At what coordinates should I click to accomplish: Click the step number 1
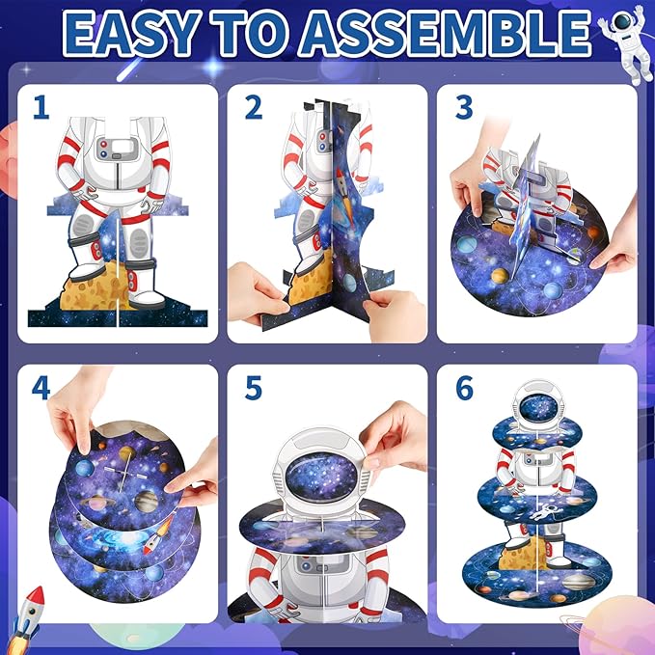41,107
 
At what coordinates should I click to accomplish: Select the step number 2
254,107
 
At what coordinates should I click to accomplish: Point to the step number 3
464,107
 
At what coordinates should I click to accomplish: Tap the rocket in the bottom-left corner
27,618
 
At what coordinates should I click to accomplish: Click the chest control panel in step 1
117,149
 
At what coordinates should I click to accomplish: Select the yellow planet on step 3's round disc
500,276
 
